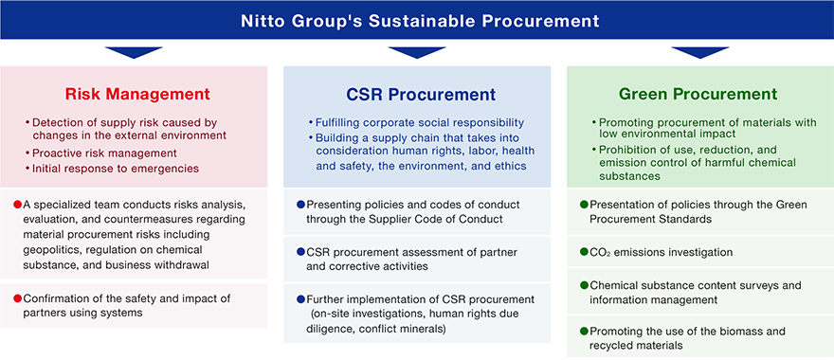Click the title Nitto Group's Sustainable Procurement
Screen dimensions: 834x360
point(420,21)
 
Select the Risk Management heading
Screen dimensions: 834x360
point(137,95)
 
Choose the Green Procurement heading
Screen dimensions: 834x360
point(698,95)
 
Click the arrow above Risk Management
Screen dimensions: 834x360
point(134,52)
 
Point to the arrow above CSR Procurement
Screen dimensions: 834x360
point(417,52)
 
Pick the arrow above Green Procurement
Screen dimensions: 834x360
point(700,52)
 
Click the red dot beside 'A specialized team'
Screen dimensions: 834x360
point(16,205)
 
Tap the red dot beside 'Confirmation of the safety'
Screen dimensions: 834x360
point(16,298)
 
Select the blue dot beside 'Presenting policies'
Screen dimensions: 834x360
point(300,205)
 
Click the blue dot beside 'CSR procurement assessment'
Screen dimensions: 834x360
point(300,252)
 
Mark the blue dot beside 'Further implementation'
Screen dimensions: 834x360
point(300,298)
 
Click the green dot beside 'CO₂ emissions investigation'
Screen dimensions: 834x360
point(584,252)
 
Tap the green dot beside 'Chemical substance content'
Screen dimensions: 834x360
point(584,286)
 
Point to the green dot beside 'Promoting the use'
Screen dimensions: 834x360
point(584,332)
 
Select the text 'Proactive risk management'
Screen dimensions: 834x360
point(104,153)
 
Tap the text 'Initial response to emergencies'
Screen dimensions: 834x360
point(116,168)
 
